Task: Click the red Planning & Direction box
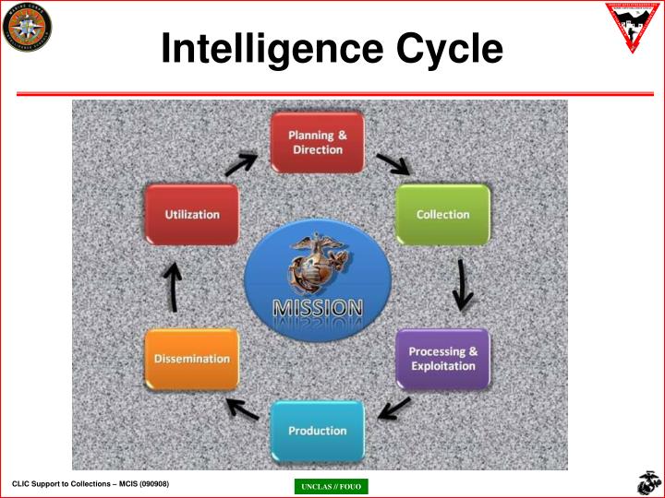[317, 142]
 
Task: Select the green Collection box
[442, 214]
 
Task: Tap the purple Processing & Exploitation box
[442, 358]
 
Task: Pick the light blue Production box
[317, 431]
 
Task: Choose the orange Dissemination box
[192, 358]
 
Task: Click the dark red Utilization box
[192, 214]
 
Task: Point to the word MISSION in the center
[317, 306]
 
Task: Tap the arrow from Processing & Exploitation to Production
[395, 406]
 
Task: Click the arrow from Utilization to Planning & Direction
[242, 164]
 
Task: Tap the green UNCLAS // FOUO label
[330, 487]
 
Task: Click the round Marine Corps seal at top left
[27, 27]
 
